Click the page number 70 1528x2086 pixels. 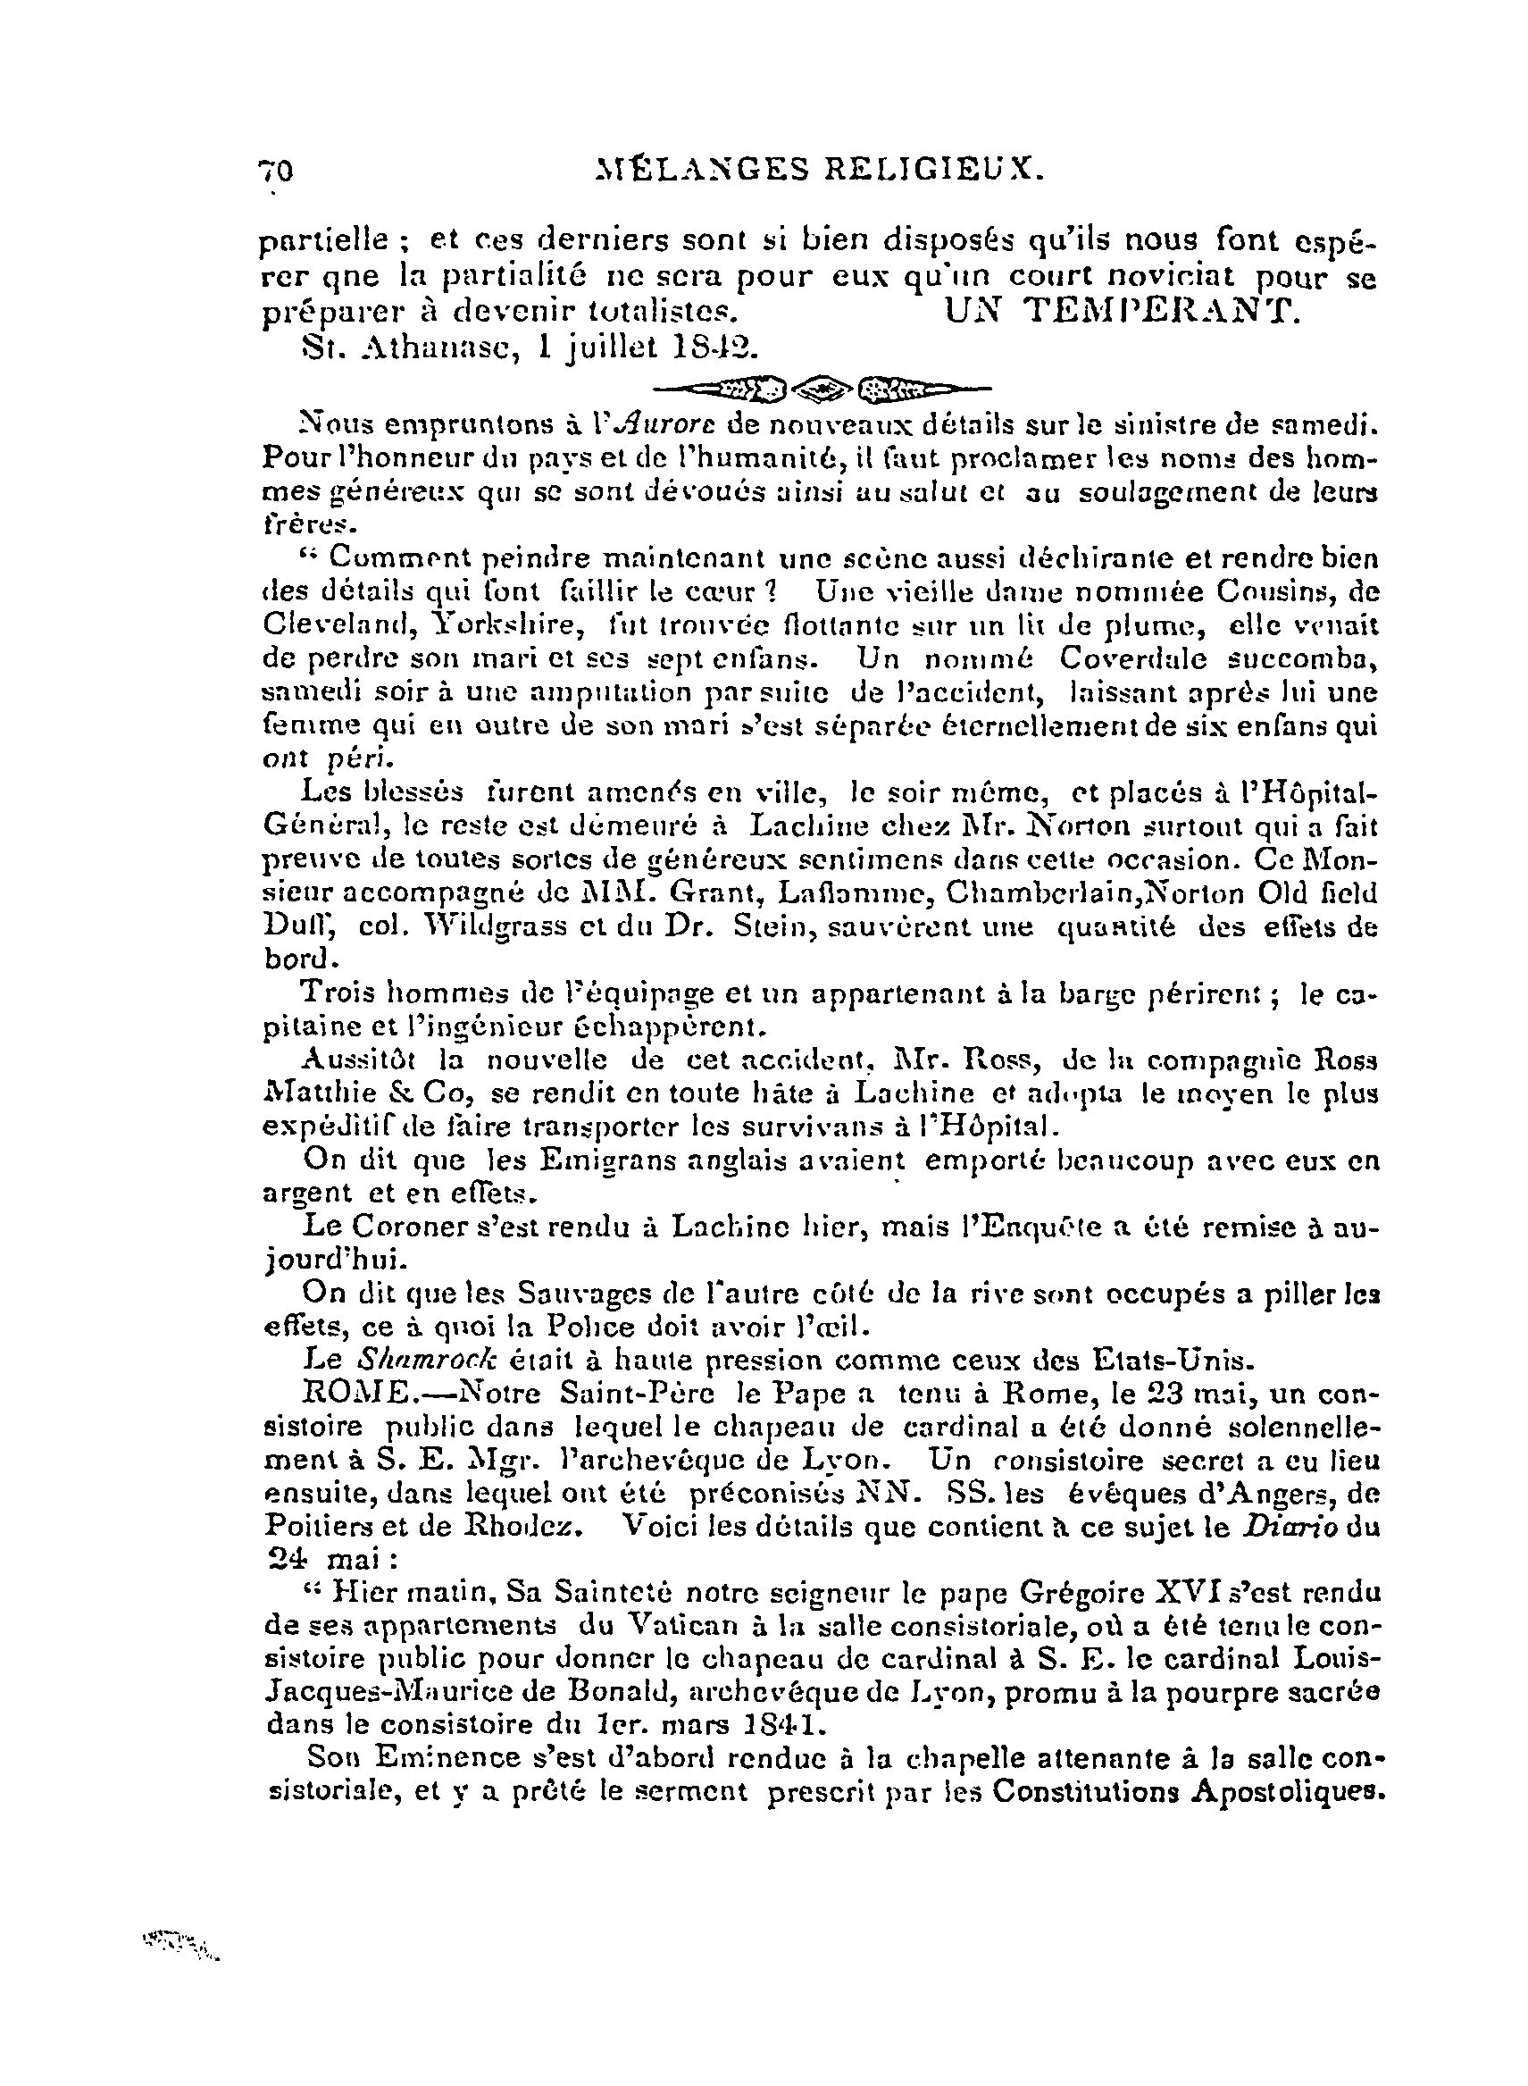click(276, 172)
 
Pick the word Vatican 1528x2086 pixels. click(688, 1628)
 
